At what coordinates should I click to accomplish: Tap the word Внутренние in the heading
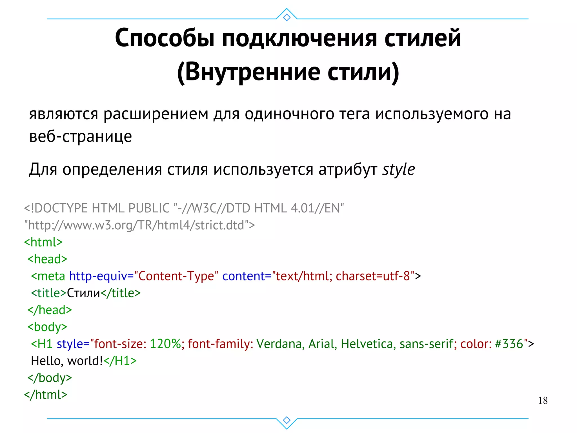(252, 72)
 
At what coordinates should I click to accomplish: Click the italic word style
(398, 170)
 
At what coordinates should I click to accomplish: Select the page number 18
(543, 401)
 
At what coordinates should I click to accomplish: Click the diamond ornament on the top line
(287, 17)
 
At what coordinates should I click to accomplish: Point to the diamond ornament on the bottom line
(287, 420)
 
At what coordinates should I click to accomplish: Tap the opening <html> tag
(43, 242)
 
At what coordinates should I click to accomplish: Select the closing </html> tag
(46, 395)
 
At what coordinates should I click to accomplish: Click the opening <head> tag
(47, 259)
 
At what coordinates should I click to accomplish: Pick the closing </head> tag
(50, 310)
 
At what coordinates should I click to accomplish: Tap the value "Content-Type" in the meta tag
(176, 276)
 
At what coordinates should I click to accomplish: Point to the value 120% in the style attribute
(165, 344)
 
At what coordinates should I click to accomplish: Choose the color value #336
(509, 344)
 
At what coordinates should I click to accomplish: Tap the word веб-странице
(80, 137)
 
